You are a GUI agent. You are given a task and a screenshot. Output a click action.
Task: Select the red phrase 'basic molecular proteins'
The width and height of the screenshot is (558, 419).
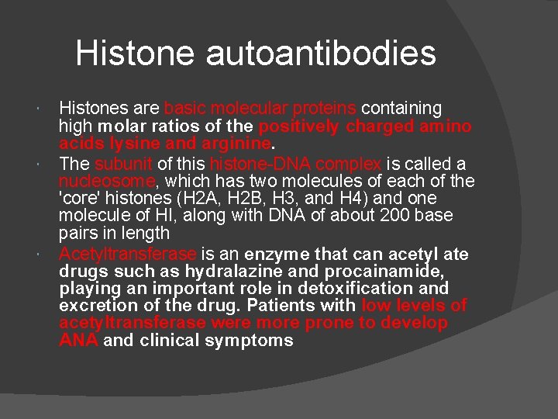coord(260,107)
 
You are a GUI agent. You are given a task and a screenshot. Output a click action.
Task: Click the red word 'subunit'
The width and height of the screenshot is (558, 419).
coord(124,164)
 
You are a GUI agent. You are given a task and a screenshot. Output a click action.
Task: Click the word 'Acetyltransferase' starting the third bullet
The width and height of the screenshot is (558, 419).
coord(128,254)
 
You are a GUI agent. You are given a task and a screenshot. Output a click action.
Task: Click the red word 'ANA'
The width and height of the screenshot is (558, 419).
coord(77,341)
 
